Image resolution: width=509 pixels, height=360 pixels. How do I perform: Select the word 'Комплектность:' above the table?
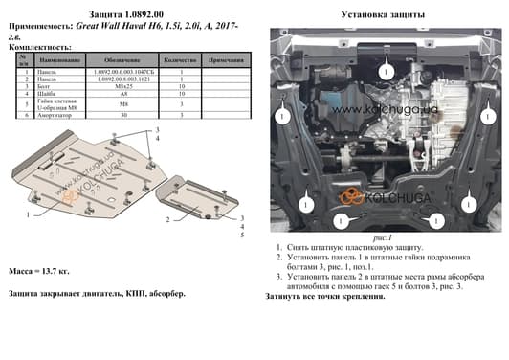(x=38, y=47)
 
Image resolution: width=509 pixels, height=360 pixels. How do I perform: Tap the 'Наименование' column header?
(x=56, y=59)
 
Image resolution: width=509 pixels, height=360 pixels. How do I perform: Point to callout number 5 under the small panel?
(x=243, y=235)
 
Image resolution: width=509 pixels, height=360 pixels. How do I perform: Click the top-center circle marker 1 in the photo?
(x=384, y=72)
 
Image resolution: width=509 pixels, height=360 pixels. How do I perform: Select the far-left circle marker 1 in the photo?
(x=283, y=117)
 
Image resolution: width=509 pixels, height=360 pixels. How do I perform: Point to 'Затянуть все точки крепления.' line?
(x=325, y=297)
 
